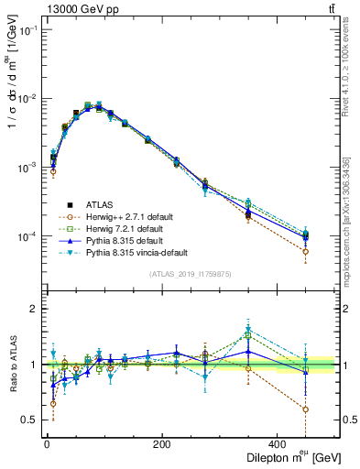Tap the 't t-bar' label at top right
coord(331,8)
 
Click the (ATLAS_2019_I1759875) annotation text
coord(190,273)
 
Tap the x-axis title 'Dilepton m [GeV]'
coord(285,457)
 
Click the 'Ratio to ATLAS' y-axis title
coord(11,363)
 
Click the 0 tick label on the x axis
coord(47,445)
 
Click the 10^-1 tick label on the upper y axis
coord(27,30)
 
